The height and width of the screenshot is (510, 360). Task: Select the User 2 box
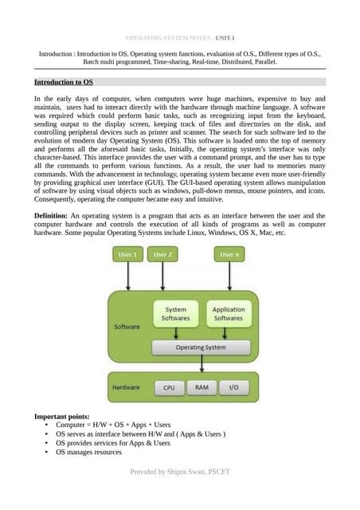tap(163, 255)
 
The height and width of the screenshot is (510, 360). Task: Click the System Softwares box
tap(176, 314)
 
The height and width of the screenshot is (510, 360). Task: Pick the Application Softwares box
tap(229, 314)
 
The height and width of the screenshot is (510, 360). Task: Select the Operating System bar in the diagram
tap(202, 347)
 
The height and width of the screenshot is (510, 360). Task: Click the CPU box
tap(169, 388)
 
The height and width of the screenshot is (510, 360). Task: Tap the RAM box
tap(202, 388)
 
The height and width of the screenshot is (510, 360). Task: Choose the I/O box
tap(233, 388)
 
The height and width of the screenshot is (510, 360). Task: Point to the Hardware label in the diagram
tap(127, 388)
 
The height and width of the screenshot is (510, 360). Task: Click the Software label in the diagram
tap(126, 327)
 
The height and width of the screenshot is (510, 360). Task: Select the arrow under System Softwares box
tap(176, 333)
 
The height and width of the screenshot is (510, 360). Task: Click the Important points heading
tap(68, 417)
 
